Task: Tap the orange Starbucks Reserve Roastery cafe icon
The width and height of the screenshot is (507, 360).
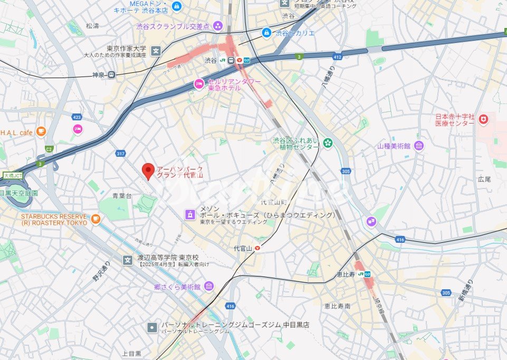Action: (x=95, y=219)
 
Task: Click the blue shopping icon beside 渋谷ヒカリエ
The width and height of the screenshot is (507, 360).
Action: (x=267, y=33)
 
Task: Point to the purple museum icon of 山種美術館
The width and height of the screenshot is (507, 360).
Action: (x=418, y=146)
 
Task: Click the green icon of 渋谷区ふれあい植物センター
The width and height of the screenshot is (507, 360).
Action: (x=328, y=142)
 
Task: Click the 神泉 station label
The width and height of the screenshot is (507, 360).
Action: (x=99, y=75)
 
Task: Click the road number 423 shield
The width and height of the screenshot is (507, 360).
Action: (x=77, y=117)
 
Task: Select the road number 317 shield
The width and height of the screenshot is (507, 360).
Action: (x=121, y=154)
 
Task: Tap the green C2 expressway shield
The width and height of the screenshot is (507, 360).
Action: (x=50, y=149)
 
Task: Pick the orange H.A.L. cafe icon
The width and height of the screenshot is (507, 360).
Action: (x=41, y=131)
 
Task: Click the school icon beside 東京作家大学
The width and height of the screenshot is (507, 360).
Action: (x=156, y=51)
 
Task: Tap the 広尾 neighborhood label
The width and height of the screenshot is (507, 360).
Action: (x=484, y=179)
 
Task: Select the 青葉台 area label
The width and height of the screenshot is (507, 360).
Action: (x=122, y=196)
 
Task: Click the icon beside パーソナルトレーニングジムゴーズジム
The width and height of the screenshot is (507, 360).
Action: (x=152, y=327)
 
